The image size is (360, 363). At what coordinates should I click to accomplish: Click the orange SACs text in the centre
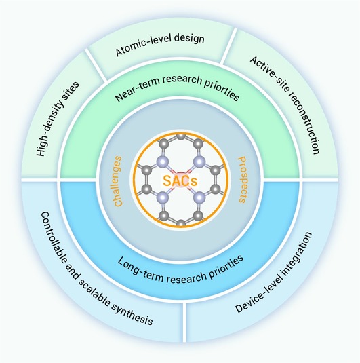coord(180,180)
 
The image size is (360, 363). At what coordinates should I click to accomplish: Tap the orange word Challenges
coord(118,181)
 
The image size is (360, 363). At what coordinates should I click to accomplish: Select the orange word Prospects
coord(242,180)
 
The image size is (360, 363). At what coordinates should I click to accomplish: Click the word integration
coord(298,254)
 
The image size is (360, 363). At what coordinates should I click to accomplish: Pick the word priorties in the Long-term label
coord(226,266)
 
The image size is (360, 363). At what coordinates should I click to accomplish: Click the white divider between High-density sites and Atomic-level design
coord(96,65)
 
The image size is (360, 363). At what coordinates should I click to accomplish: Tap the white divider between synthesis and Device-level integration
coord(184,322)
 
